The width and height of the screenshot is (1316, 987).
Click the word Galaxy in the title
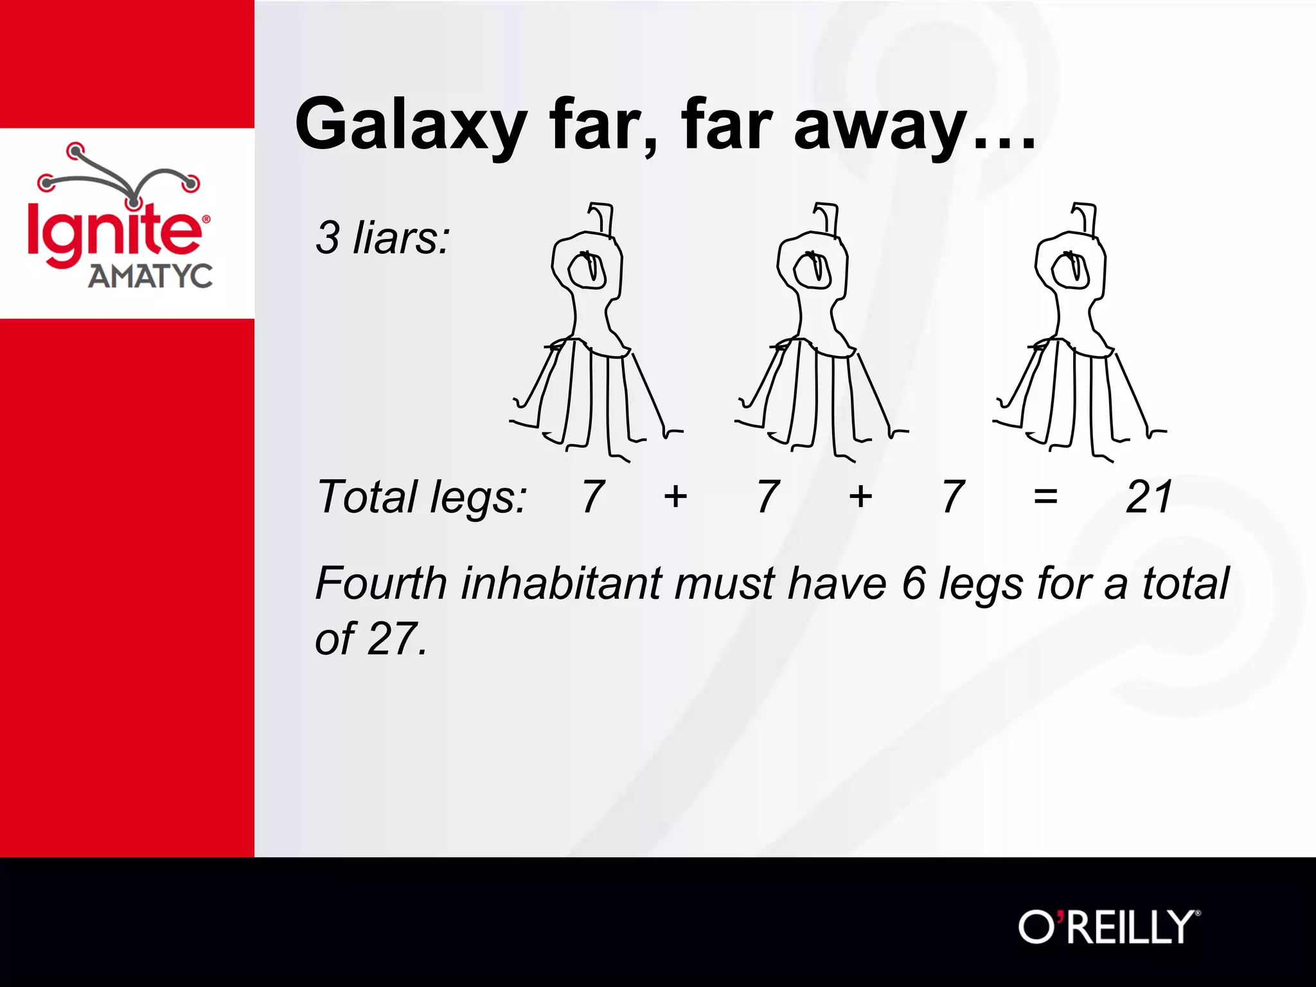tap(411, 125)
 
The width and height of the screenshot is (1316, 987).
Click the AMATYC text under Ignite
tap(150, 276)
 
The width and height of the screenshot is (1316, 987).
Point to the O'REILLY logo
tap(1109, 927)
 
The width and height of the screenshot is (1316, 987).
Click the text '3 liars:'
tap(383, 238)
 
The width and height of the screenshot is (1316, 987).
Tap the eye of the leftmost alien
tap(589, 270)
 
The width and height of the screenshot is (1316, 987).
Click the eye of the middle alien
tap(814, 270)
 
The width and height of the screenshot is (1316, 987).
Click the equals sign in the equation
tap(1045, 497)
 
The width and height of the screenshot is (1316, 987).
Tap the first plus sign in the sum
tap(675, 497)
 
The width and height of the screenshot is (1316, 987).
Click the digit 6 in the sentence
tap(914, 583)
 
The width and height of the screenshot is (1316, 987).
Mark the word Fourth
tap(381, 583)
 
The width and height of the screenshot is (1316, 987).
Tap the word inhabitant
tap(561, 583)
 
